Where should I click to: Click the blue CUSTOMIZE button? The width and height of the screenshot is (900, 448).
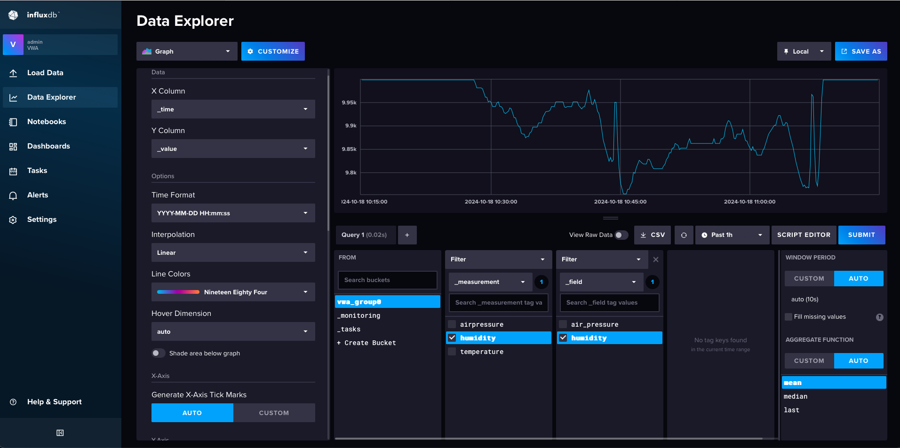point(273,51)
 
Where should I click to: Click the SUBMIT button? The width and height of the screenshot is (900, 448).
point(861,235)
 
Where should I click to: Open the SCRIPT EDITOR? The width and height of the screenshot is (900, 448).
point(804,235)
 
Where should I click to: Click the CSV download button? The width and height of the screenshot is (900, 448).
point(653,235)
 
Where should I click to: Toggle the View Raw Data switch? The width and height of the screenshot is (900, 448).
point(621,235)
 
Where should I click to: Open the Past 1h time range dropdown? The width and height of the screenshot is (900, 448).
point(732,235)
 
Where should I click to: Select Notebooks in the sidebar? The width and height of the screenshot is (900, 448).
point(47,122)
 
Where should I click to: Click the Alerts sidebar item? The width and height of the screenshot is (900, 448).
point(38,195)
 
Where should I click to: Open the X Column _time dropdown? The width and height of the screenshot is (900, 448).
point(233,109)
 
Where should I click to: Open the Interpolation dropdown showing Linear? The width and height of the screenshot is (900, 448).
point(233,252)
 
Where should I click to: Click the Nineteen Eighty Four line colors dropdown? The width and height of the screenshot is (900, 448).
point(233,292)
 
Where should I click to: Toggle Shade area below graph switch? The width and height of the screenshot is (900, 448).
point(158,353)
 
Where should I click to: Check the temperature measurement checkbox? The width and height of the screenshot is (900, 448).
point(452,352)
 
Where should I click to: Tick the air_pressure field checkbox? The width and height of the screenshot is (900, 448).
point(563,324)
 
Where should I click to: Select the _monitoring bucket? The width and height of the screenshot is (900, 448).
point(359,316)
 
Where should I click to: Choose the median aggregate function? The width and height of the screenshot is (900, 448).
point(796,397)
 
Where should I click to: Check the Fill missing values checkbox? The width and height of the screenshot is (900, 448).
point(788,317)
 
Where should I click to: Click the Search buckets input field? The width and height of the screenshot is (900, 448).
point(387,280)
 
